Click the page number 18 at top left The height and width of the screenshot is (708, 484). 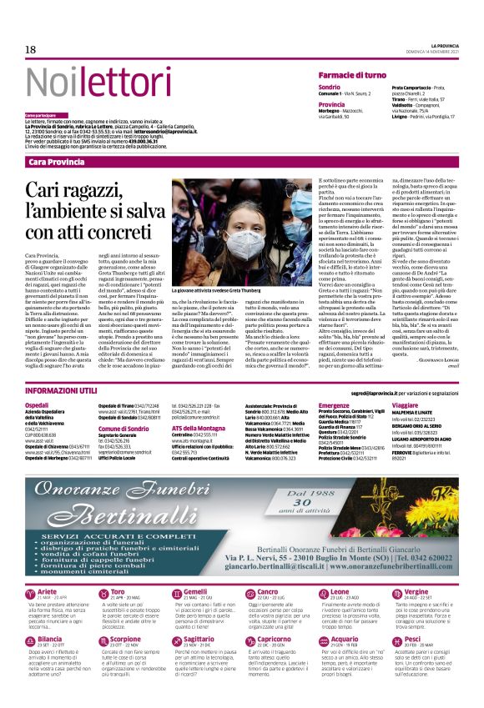click(31, 50)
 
